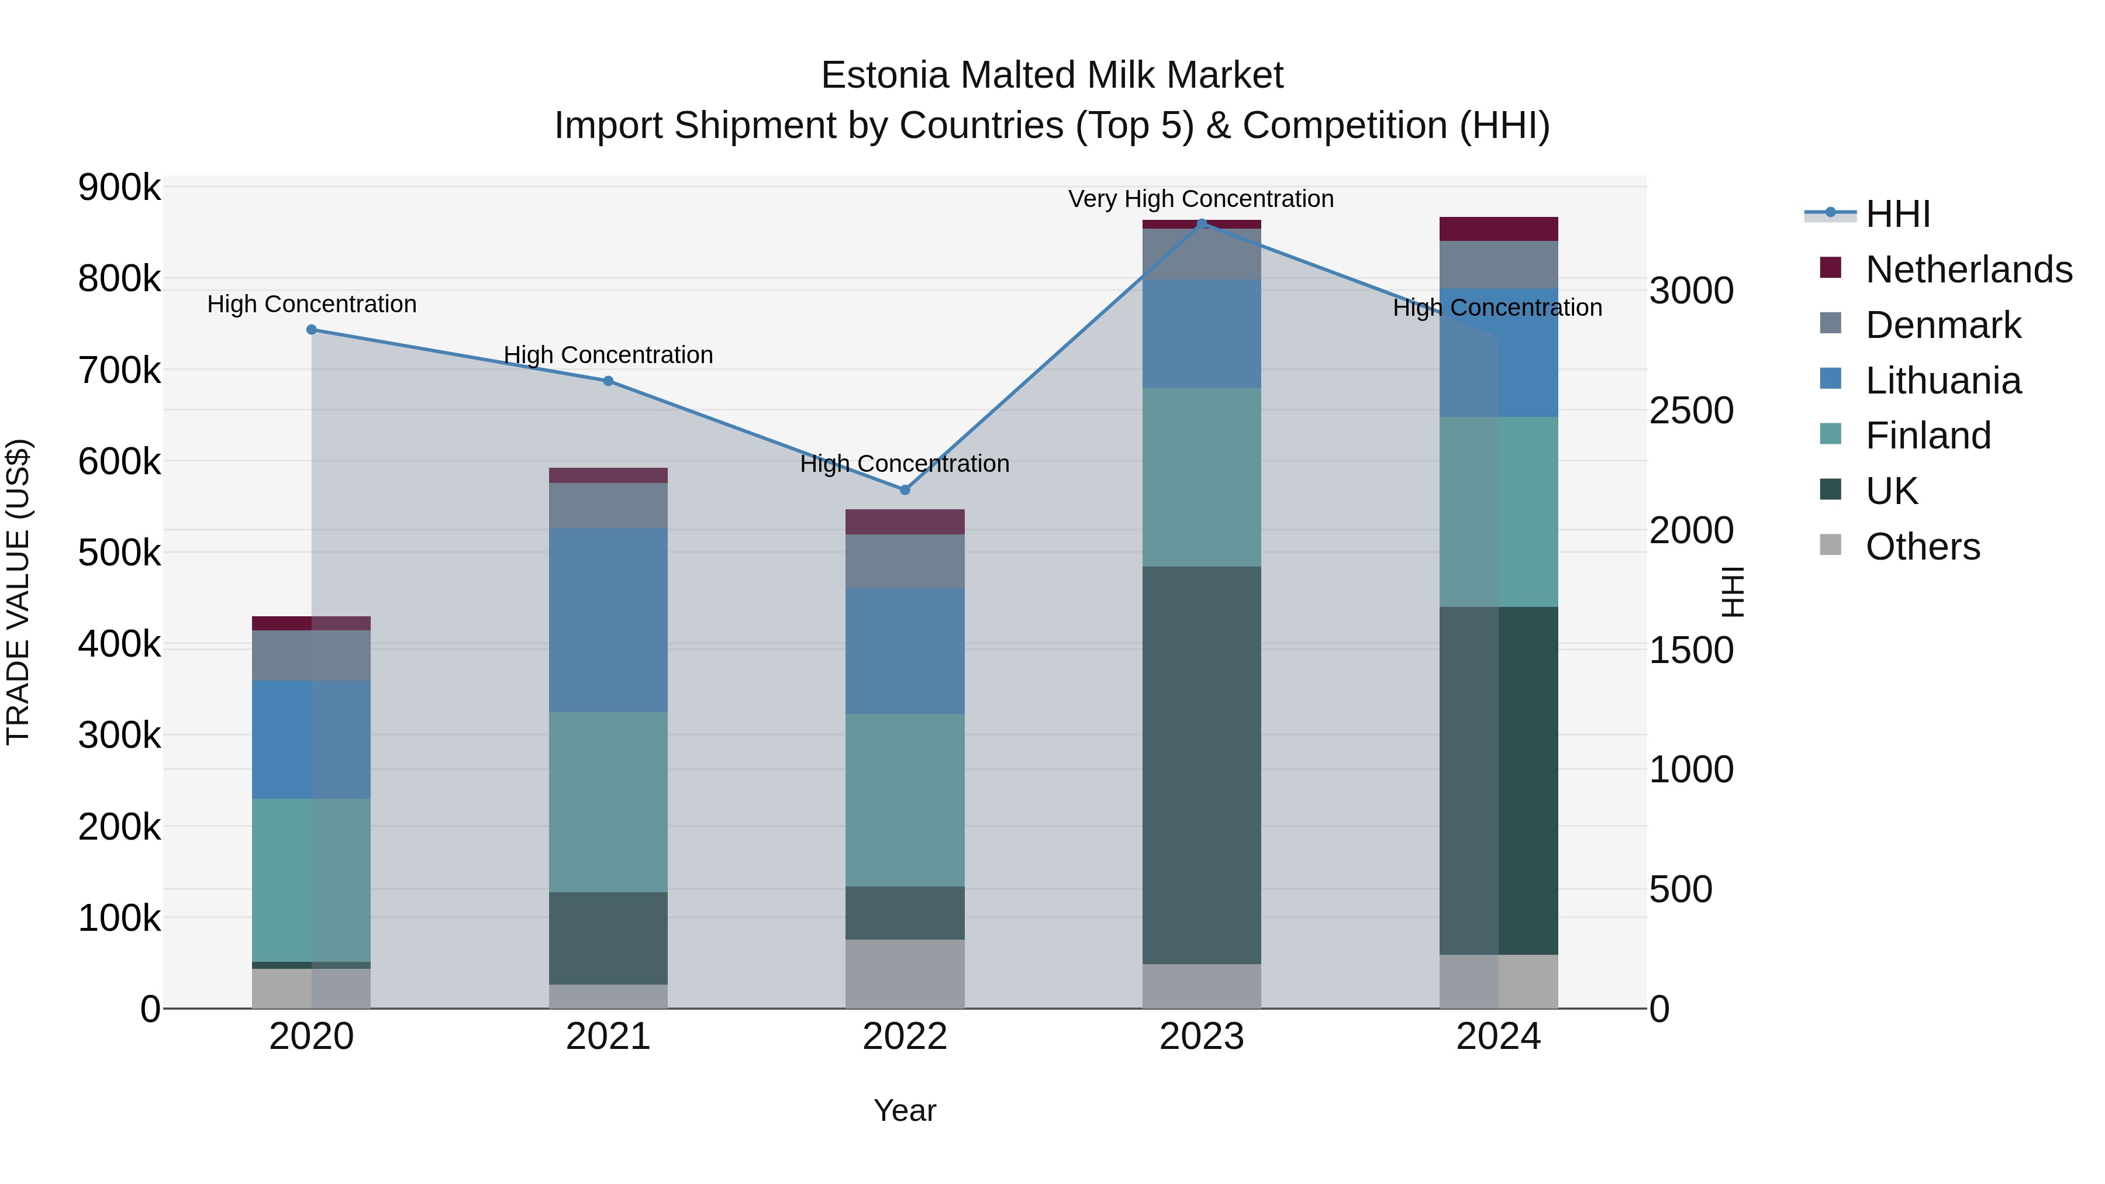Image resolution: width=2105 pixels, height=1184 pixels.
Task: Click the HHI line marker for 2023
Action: pyautogui.click(x=1201, y=223)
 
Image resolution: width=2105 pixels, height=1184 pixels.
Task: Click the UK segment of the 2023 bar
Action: pyautogui.click(x=1201, y=765)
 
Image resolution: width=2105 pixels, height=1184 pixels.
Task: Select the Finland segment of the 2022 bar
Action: pyautogui.click(x=905, y=800)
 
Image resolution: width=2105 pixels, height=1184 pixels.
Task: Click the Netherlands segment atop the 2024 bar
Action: pyautogui.click(x=1498, y=229)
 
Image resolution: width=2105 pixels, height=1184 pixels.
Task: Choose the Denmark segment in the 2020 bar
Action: pyautogui.click(x=311, y=655)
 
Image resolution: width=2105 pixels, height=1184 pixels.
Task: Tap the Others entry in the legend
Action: pyautogui.click(x=1922, y=547)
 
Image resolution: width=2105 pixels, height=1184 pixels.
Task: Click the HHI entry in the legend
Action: pyautogui.click(x=1897, y=214)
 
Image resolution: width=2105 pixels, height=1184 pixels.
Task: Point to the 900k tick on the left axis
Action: pyautogui.click(x=119, y=188)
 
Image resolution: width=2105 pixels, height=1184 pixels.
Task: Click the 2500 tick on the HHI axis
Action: pyautogui.click(x=1690, y=410)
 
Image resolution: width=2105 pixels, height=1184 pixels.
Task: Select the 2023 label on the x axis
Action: pyautogui.click(x=1201, y=1037)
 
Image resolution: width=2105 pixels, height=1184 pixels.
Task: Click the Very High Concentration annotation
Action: pyautogui.click(x=1200, y=199)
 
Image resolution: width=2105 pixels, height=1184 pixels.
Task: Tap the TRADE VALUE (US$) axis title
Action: pyautogui.click(x=19, y=592)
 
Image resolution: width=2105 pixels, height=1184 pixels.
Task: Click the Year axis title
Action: pyautogui.click(x=905, y=1110)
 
